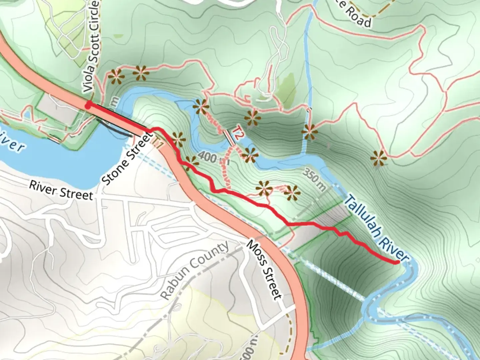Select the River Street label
pyautogui.click(x=61, y=190)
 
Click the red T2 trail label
pyautogui.click(x=237, y=133)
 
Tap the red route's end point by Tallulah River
pyautogui.click(x=397, y=262)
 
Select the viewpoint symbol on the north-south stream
pyautogui.click(x=310, y=132)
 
